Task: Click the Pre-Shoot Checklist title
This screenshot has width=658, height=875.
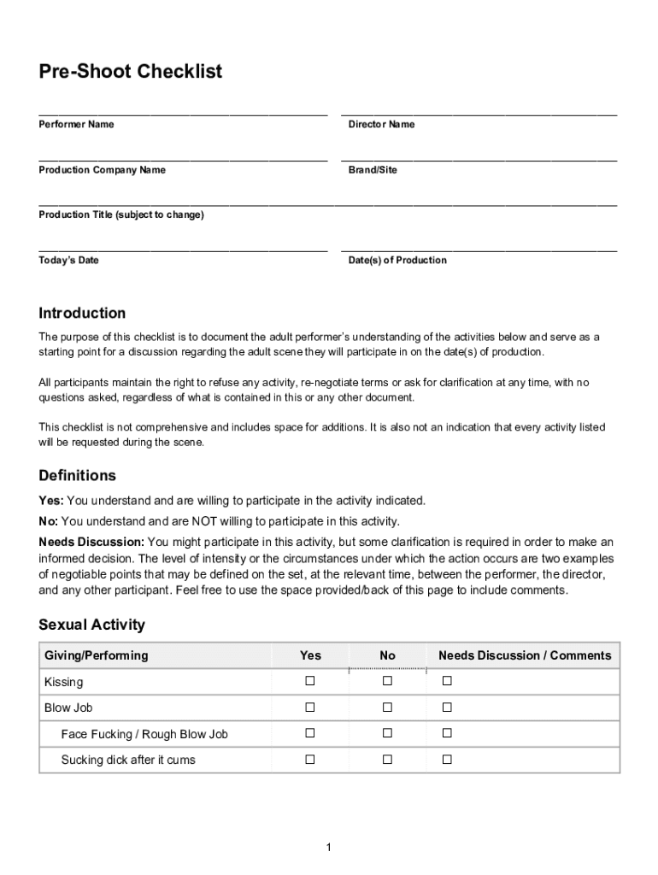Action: (x=130, y=72)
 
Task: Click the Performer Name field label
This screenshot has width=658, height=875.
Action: (x=76, y=125)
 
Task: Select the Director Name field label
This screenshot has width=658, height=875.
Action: (x=381, y=125)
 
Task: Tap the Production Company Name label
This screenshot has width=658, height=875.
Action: (x=102, y=170)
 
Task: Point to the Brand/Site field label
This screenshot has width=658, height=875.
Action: (x=373, y=170)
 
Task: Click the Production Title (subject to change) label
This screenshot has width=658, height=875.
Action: (x=121, y=215)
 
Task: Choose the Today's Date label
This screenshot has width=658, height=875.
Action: (x=68, y=261)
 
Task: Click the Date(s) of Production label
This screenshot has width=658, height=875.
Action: (x=397, y=261)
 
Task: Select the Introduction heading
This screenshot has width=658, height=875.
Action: (x=82, y=314)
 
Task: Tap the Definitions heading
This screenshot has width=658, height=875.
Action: (x=77, y=476)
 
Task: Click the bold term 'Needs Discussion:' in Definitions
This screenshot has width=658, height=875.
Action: (x=91, y=542)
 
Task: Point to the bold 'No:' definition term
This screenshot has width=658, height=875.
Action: (x=48, y=521)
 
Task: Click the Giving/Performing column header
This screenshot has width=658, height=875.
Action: (x=96, y=655)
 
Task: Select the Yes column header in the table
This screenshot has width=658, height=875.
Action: (x=310, y=655)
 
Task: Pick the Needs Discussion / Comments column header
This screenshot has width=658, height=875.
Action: (x=525, y=655)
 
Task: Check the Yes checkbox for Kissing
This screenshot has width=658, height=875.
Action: (x=310, y=681)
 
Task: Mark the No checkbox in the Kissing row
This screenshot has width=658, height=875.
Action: (x=387, y=681)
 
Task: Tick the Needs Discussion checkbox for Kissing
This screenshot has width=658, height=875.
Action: (x=446, y=681)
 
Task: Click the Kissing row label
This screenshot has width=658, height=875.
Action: (x=64, y=682)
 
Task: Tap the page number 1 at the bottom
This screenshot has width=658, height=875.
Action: (x=328, y=847)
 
